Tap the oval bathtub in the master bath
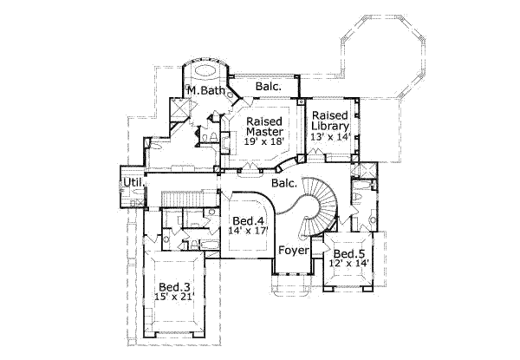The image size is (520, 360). tap(208, 70)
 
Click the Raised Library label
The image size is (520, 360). tap(330, 121)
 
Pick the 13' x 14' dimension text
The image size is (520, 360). tap(330, 136)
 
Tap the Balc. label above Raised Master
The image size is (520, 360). tap(269, 87)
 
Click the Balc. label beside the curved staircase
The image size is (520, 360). tap(284, 184)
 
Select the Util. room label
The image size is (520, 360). tap(132, 182)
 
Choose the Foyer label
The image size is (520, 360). tap(292, 252)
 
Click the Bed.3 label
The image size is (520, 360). tap(174, 287)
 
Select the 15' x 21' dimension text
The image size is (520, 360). tap(174, 298)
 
